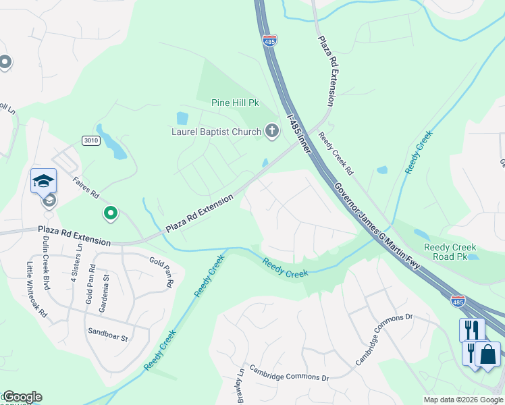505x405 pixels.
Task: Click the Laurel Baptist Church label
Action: (x=215, y=132)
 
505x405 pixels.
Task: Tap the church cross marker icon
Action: (x=272, y=130)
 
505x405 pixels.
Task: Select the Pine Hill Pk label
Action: (x=235, y=103)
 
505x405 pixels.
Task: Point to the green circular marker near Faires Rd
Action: (x=111, y=214)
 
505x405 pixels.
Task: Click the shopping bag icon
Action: (x=487, y=354)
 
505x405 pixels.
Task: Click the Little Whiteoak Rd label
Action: (x=35, y=290)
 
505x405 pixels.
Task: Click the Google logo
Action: (x=22, y=397)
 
